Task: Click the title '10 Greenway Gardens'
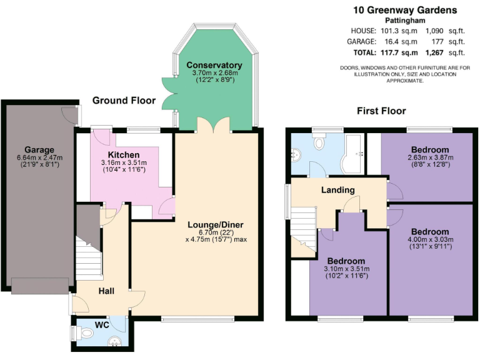(404, 10)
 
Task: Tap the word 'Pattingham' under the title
(404, 21)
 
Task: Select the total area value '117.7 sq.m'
(398, 52)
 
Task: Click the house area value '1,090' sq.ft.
(436, 30)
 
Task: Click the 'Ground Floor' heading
(124, 101)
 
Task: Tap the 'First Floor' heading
(381, 111)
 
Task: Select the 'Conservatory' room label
(214, 65)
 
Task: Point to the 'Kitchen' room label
(124, 154)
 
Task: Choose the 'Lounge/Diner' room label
(216, 224)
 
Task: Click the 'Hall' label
(106, 291)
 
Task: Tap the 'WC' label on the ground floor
(102, 325)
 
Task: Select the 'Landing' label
(338, 190)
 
